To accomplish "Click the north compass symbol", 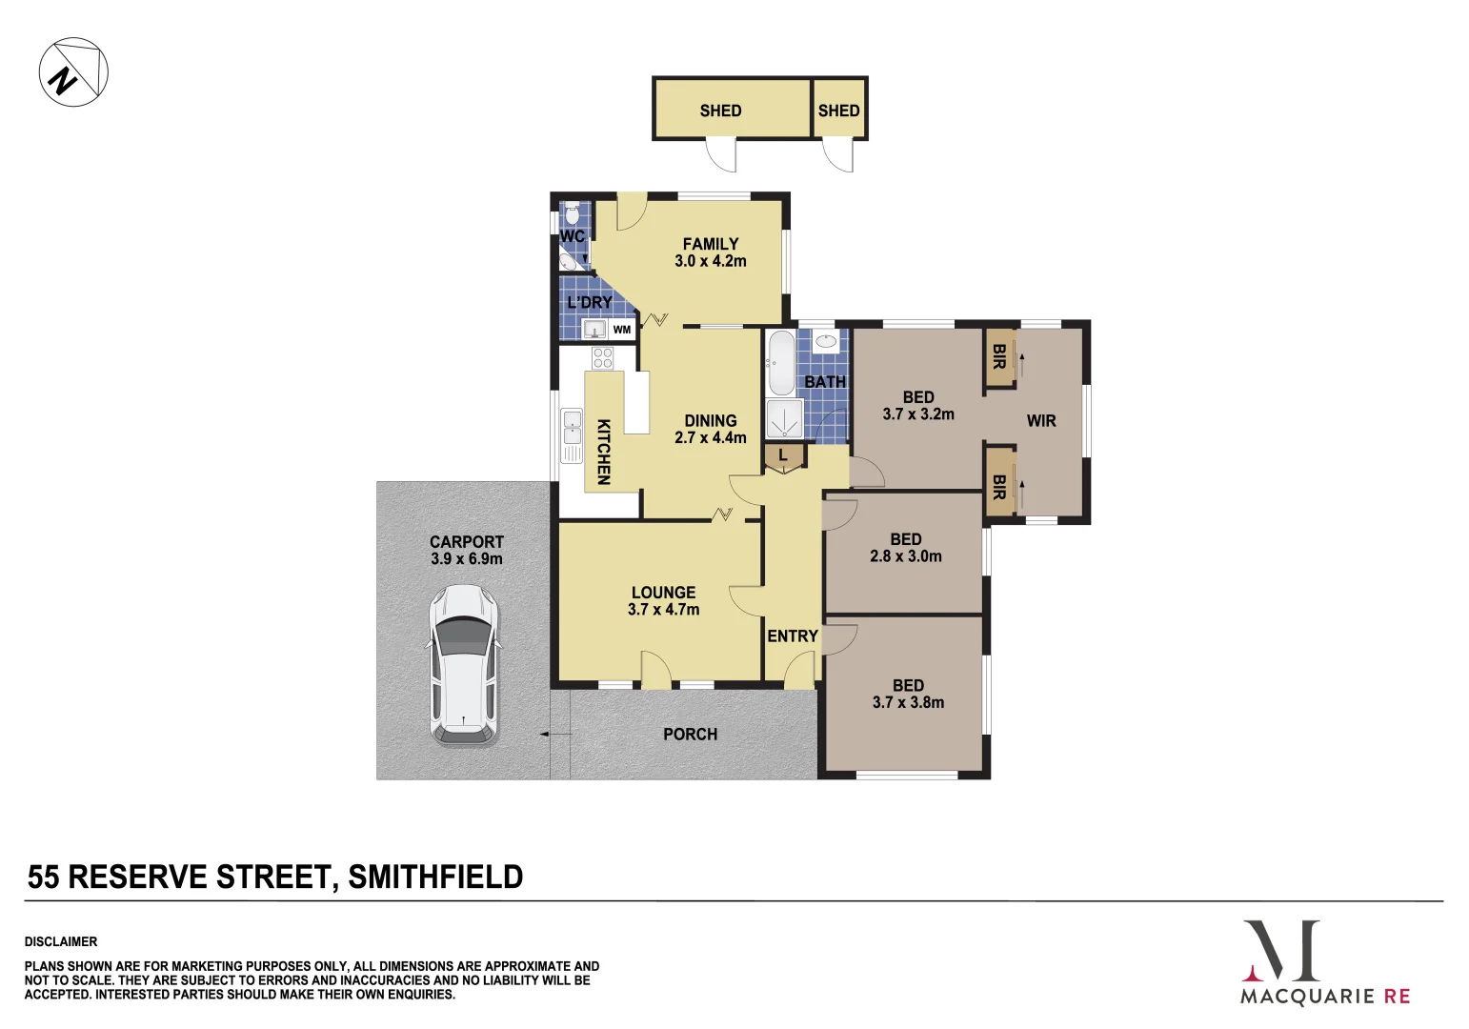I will point(73,72).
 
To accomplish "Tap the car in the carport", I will point(463,664).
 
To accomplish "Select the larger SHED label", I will point(720,111).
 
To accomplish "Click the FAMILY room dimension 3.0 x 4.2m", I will point(711,261).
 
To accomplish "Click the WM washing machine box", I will point(622,330).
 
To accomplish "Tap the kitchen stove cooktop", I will point(602,358).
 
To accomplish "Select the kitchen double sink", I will point(572,435).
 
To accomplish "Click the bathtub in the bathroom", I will point(780,363).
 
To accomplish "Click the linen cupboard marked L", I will point(783,456).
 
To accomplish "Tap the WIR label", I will point(1041,421).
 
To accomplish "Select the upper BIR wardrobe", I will point(999,357).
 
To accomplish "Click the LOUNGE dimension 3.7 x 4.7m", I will point(663,610).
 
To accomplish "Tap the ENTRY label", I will point(793,636).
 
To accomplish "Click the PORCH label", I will point(691,735).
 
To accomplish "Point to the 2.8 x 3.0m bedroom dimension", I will point(905,556).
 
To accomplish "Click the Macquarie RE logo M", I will point(1281,951).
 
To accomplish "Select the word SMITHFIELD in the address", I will point(435,878).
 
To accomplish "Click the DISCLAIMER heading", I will point(61,941).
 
